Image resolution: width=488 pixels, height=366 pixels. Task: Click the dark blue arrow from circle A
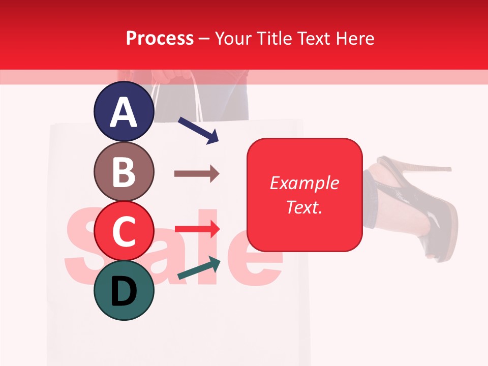click(198, 130)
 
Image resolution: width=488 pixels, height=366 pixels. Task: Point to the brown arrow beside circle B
click(197, 174)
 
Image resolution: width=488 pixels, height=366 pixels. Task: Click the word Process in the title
click(160, 38)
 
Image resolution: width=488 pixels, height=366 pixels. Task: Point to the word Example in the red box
click(304, 183)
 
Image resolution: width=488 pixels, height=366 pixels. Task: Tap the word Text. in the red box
click(304, 207)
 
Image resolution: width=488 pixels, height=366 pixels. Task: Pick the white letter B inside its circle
click(124, 172)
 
